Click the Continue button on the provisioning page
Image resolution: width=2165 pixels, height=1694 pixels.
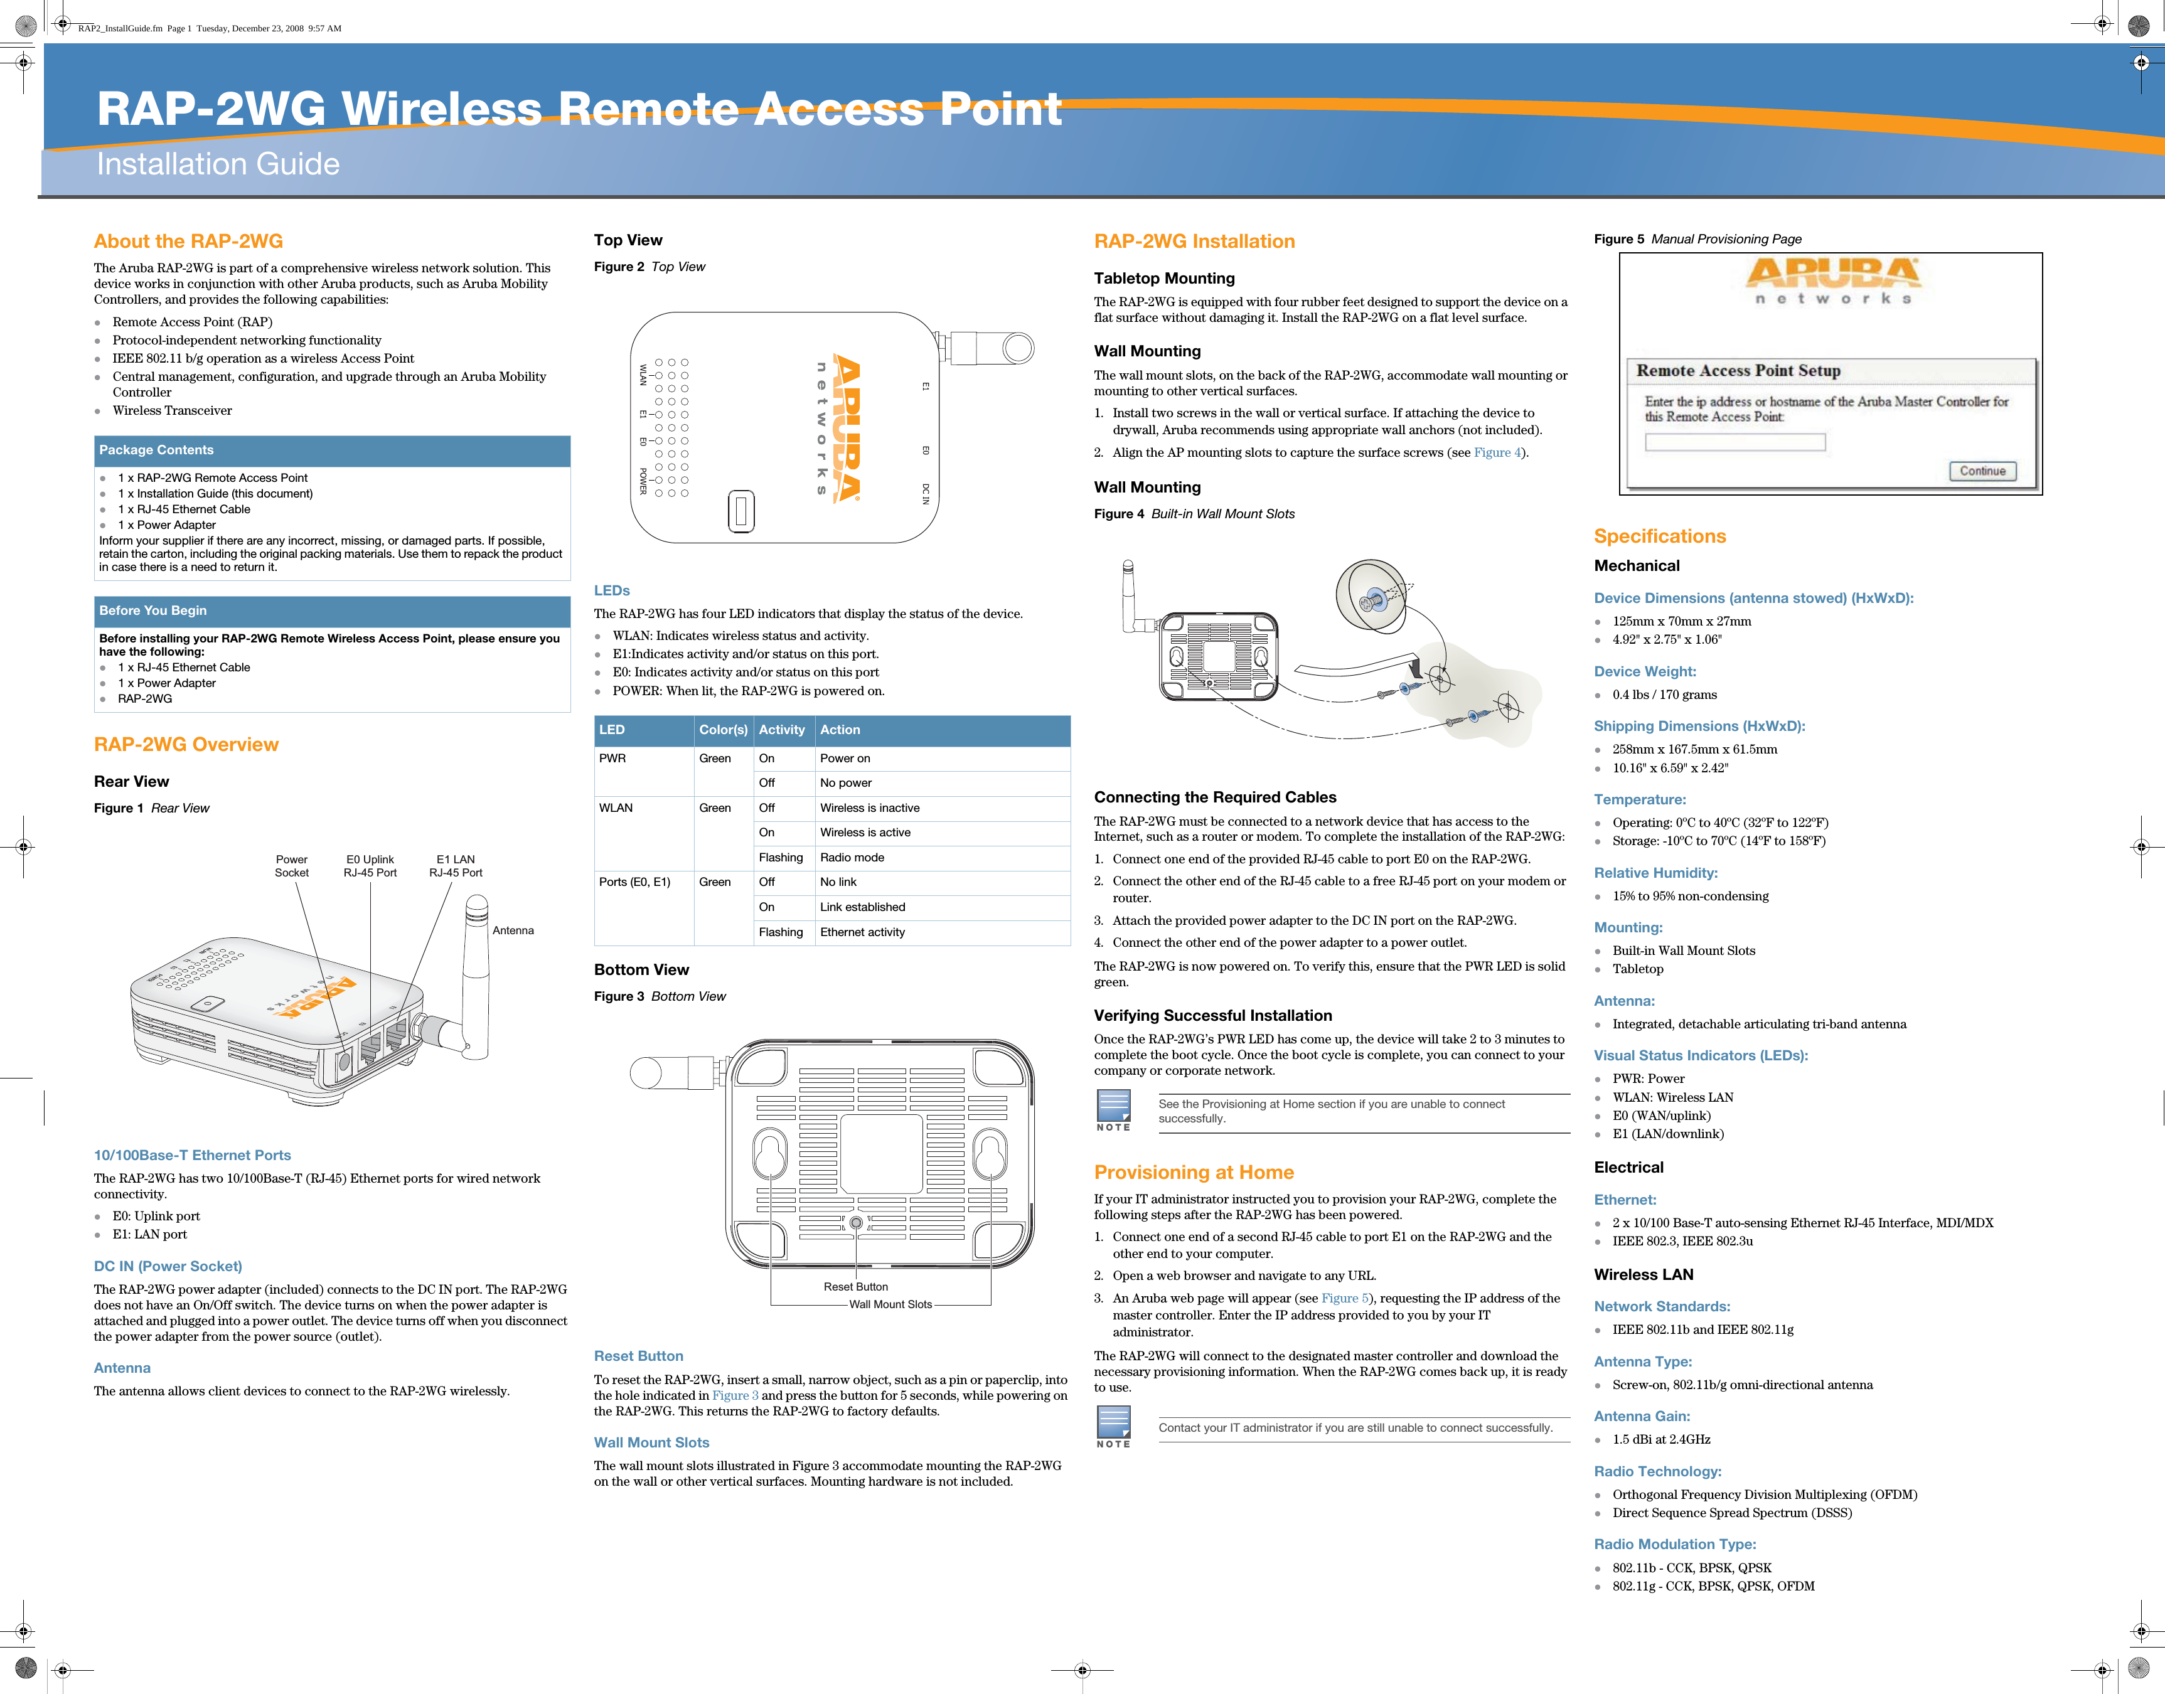coord(1982,471)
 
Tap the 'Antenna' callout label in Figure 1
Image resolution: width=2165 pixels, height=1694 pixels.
coord(513,930)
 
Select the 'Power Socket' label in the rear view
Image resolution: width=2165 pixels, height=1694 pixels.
coord(292,866)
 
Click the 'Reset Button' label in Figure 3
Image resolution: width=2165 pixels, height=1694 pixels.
coord(855,1286)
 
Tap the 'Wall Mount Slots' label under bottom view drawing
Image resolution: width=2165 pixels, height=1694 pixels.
coord(890,1304)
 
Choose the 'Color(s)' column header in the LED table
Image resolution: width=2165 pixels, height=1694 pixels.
coord(723,730)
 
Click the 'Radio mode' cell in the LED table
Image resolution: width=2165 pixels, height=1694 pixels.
coord(851,858)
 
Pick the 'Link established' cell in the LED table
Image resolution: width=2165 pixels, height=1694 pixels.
coord(862,907)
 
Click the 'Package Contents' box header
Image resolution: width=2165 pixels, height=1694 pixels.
coord(156,450)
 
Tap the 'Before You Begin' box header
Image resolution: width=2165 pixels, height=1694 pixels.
coord(152,611)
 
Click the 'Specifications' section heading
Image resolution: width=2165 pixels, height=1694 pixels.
coord(1659,536)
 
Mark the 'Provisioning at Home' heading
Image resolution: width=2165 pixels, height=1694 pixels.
coord(1193,1173)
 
